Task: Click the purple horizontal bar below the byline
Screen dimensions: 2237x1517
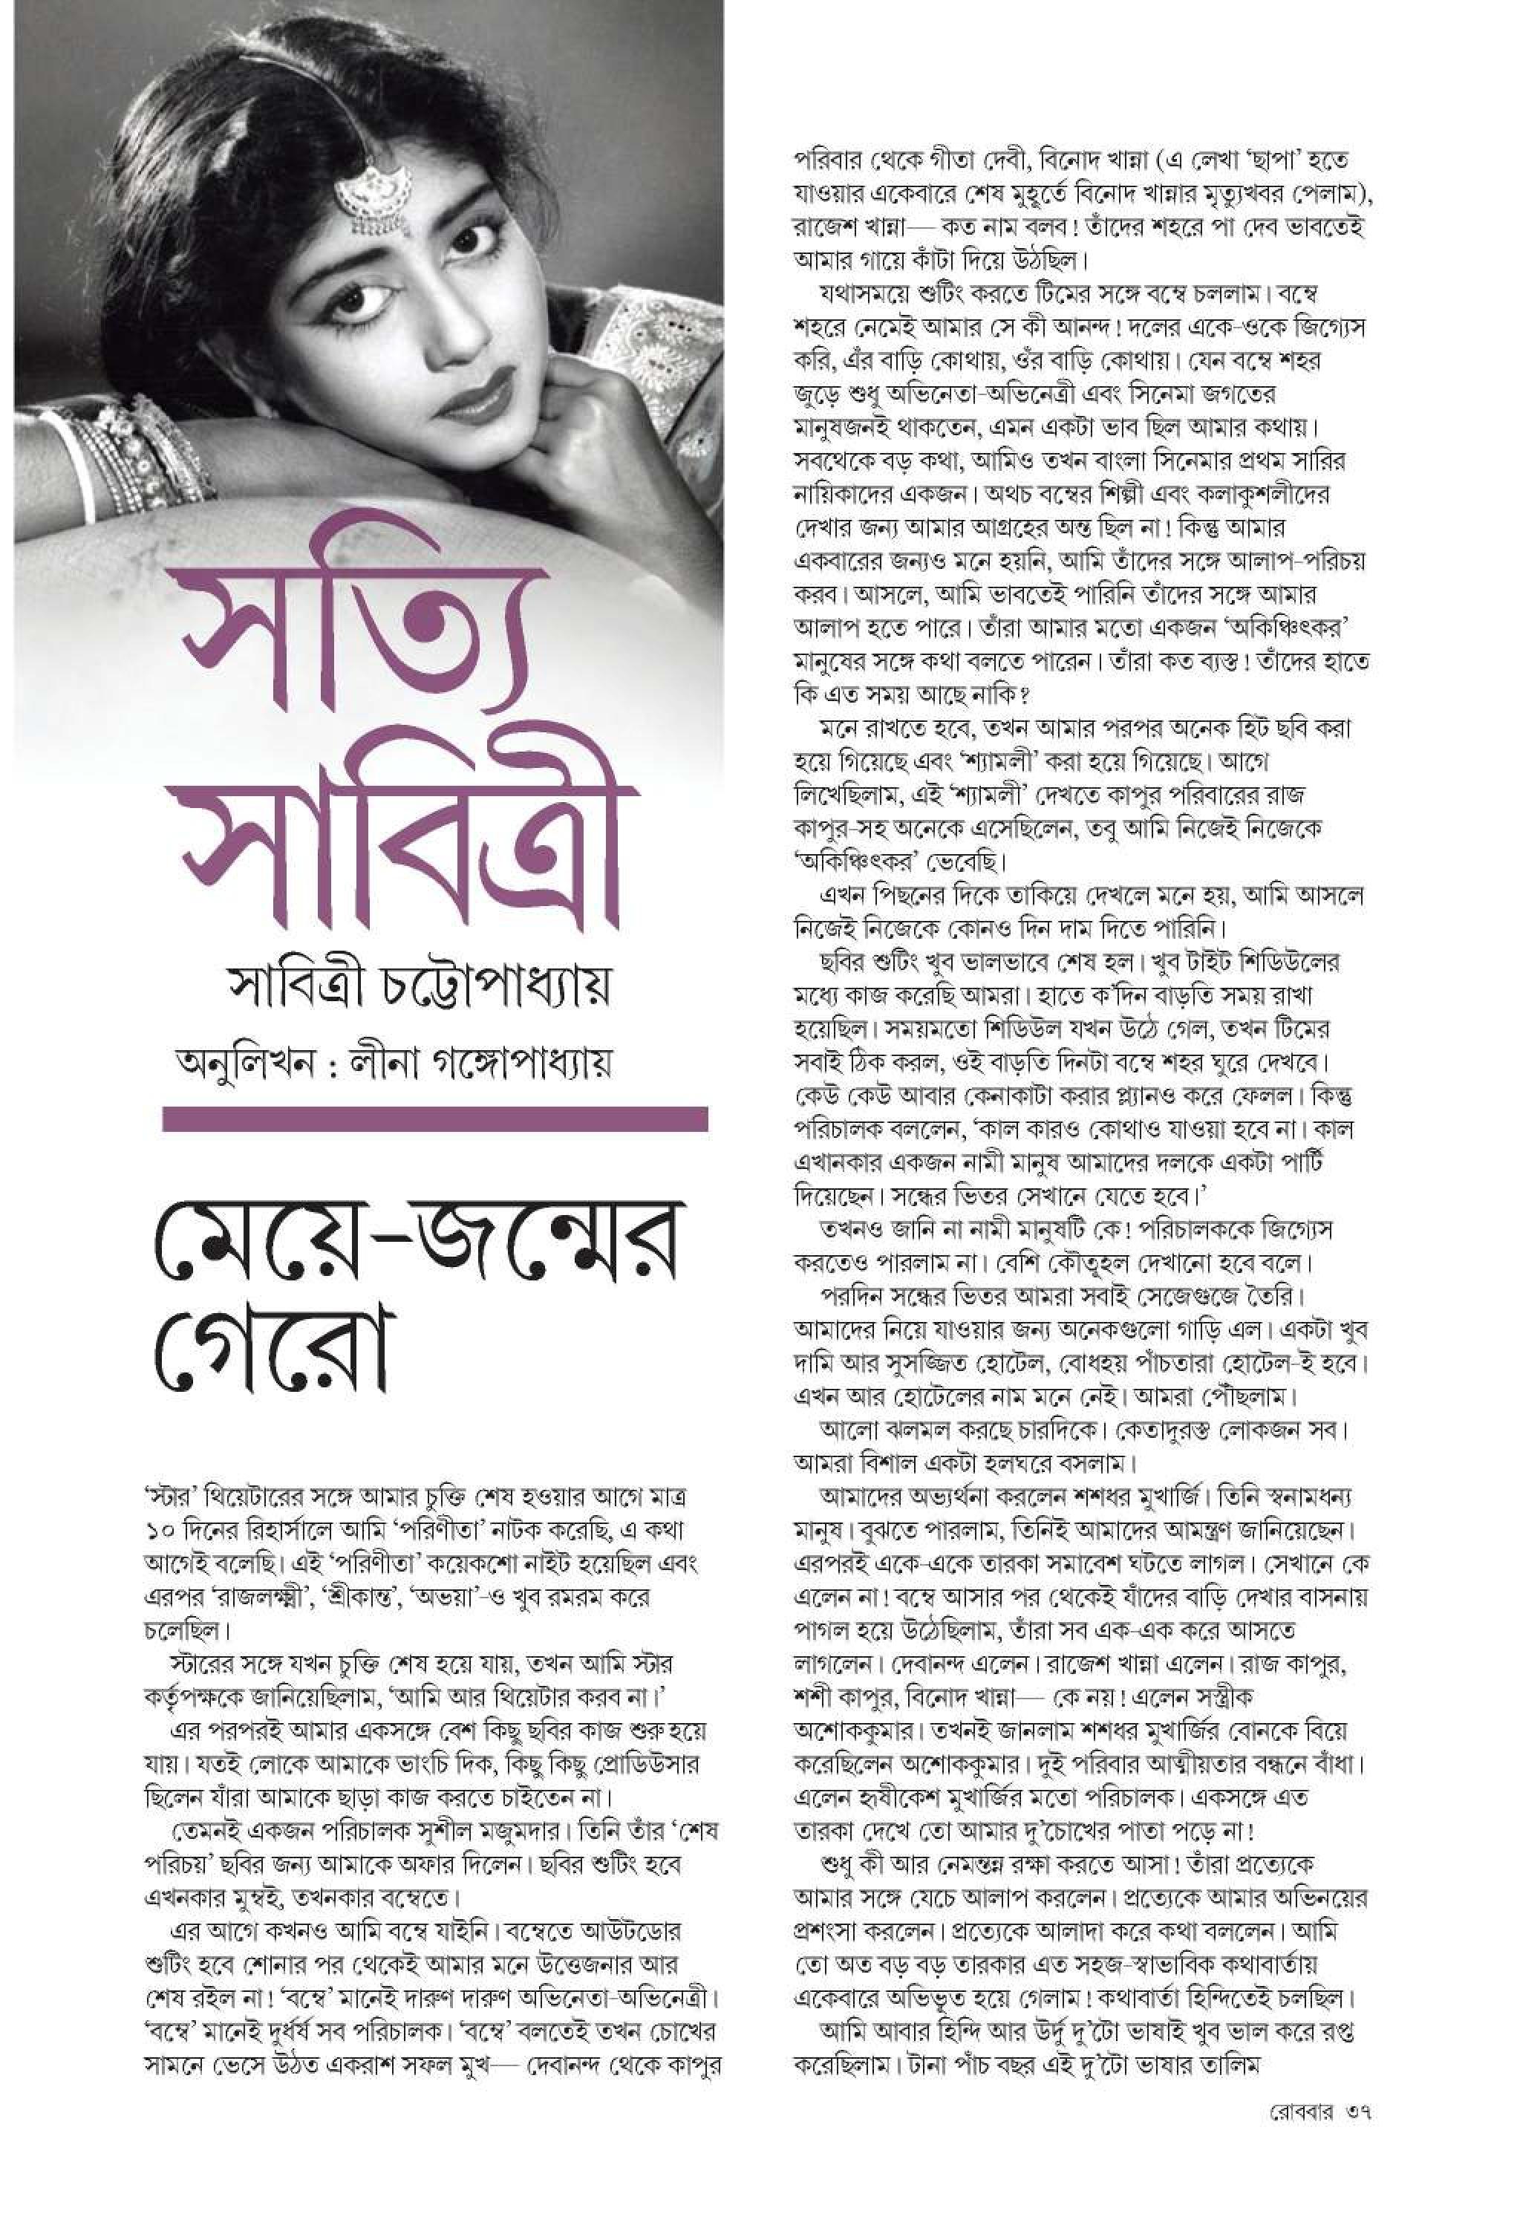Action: (x=435, y=1118)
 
